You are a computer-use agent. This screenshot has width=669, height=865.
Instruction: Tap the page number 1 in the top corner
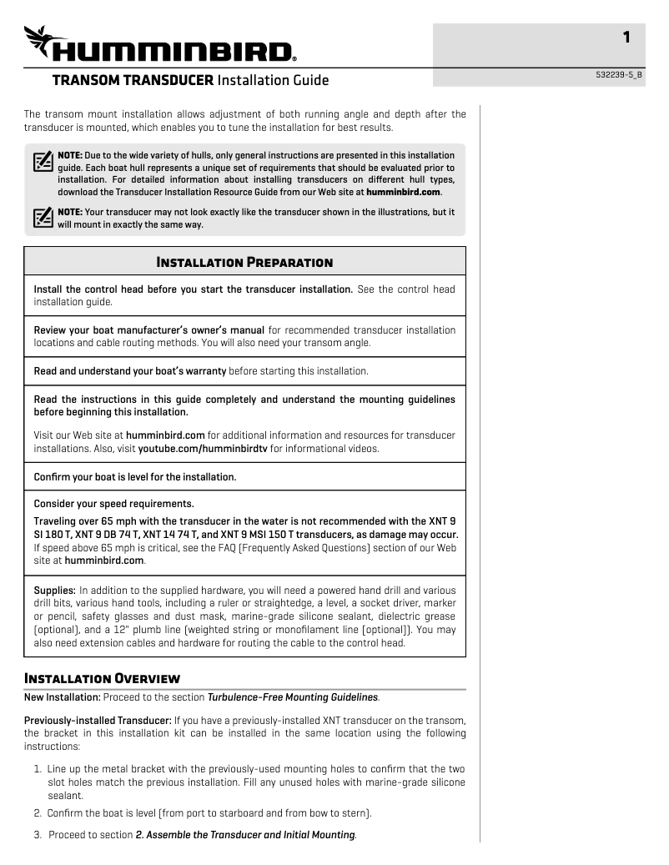click(x=626, y=38)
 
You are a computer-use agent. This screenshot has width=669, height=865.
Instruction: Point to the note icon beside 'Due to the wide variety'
click(x=43, y=161)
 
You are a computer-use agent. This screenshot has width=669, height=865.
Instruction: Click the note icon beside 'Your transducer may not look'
click(x=43, y=218)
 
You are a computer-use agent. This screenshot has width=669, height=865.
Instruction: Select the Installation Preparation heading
click(x=244, y=262)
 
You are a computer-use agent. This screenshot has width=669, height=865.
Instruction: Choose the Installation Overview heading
click(x=102, y=676)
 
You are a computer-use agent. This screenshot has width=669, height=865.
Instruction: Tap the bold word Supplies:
click(x=54, y=591)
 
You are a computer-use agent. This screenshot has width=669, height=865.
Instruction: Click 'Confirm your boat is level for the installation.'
click(x=134, y=477)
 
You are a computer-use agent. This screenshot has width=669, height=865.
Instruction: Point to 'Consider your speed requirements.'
click(x=113, y=504)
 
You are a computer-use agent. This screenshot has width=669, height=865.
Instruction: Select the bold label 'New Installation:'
click(x=63, y=697)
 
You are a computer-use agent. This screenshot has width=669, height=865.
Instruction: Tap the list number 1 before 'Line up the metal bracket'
click(x=38, y=768)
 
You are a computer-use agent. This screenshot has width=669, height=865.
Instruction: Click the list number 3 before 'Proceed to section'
click(x=38, y=835)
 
